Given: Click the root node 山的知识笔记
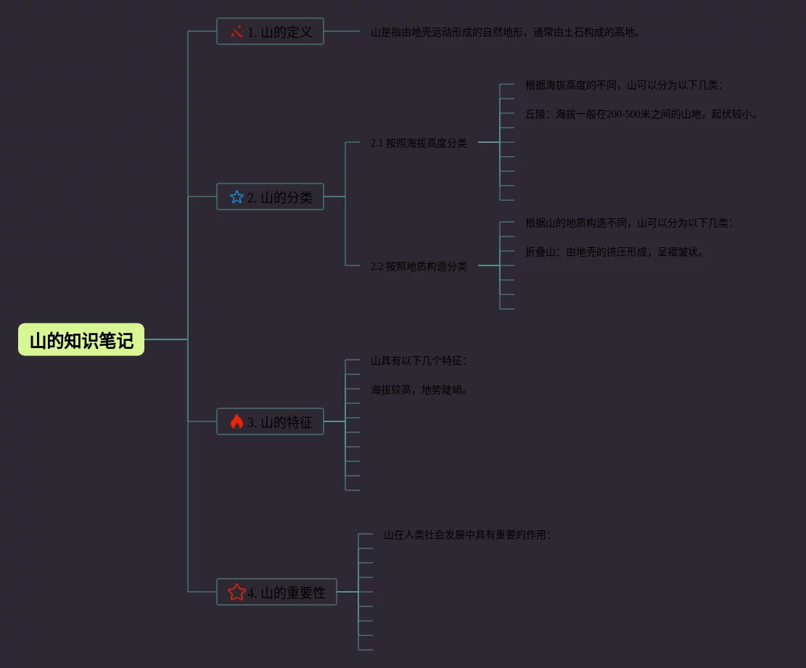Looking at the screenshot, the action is pyautogui.click(x=81, y=340).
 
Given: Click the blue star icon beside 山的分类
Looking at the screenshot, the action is pyautogui.click(x=237, y=197).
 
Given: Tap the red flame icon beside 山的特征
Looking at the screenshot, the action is pyautogui.click(x=237, y=422).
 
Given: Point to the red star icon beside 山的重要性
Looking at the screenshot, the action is pyautogui.click(x=237, y=593).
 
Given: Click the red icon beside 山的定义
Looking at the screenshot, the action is pyautogui.click(x=237, y=32).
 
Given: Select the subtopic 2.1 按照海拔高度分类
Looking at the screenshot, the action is pyautogui.click(x=419, y=144).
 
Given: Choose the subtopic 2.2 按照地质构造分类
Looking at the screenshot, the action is pyautogui.click(x=419, y=267).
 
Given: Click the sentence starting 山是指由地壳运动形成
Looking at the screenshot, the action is pyautogui.click(x=506, y=32).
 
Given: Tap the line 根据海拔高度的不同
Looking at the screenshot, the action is pyautogui.click(x=623, y=86).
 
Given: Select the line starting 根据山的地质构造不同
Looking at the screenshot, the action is pyautogui.click(x=628, y=223).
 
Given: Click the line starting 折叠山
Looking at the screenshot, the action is pyautogui.click(x=614, y=252).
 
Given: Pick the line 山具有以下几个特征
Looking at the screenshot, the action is pyautogui.click(x=419, y=361).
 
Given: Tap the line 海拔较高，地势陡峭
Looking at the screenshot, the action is pyautogui.click(x=419, y=390).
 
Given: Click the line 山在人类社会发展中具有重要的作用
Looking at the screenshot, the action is pyautogui.click(x=467, y=535).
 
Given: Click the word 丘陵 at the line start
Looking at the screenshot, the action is pyautogui.click(x=535, y=115).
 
